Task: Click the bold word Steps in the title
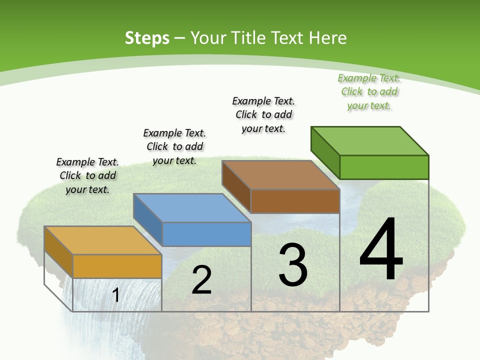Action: [147, 38]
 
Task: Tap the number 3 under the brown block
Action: [293, 264]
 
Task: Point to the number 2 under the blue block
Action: [201, 280]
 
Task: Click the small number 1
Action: [116, 295]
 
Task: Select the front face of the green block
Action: [384, 167]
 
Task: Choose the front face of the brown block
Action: [295, 201]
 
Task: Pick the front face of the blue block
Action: [206, 234]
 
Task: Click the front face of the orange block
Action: [117, 266]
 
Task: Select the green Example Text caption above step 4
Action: [369, 92]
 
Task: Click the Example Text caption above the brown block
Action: [263, 114]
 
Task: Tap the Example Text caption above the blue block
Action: [174, 146]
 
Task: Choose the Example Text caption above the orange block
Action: [87, 175]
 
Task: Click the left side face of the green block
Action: [325, 152]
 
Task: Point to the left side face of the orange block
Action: [58, 251]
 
